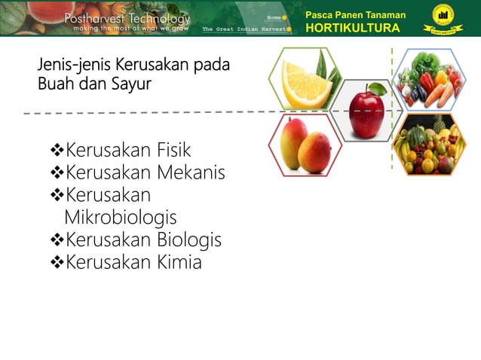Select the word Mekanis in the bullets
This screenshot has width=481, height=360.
[x=191, y=173]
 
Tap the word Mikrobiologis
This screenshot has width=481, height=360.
[x=121, y=218]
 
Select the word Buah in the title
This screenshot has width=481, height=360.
[x=54, y=84]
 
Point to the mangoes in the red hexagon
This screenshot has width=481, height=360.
[x=305, y=145]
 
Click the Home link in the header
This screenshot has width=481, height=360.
[x=274, y=17]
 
